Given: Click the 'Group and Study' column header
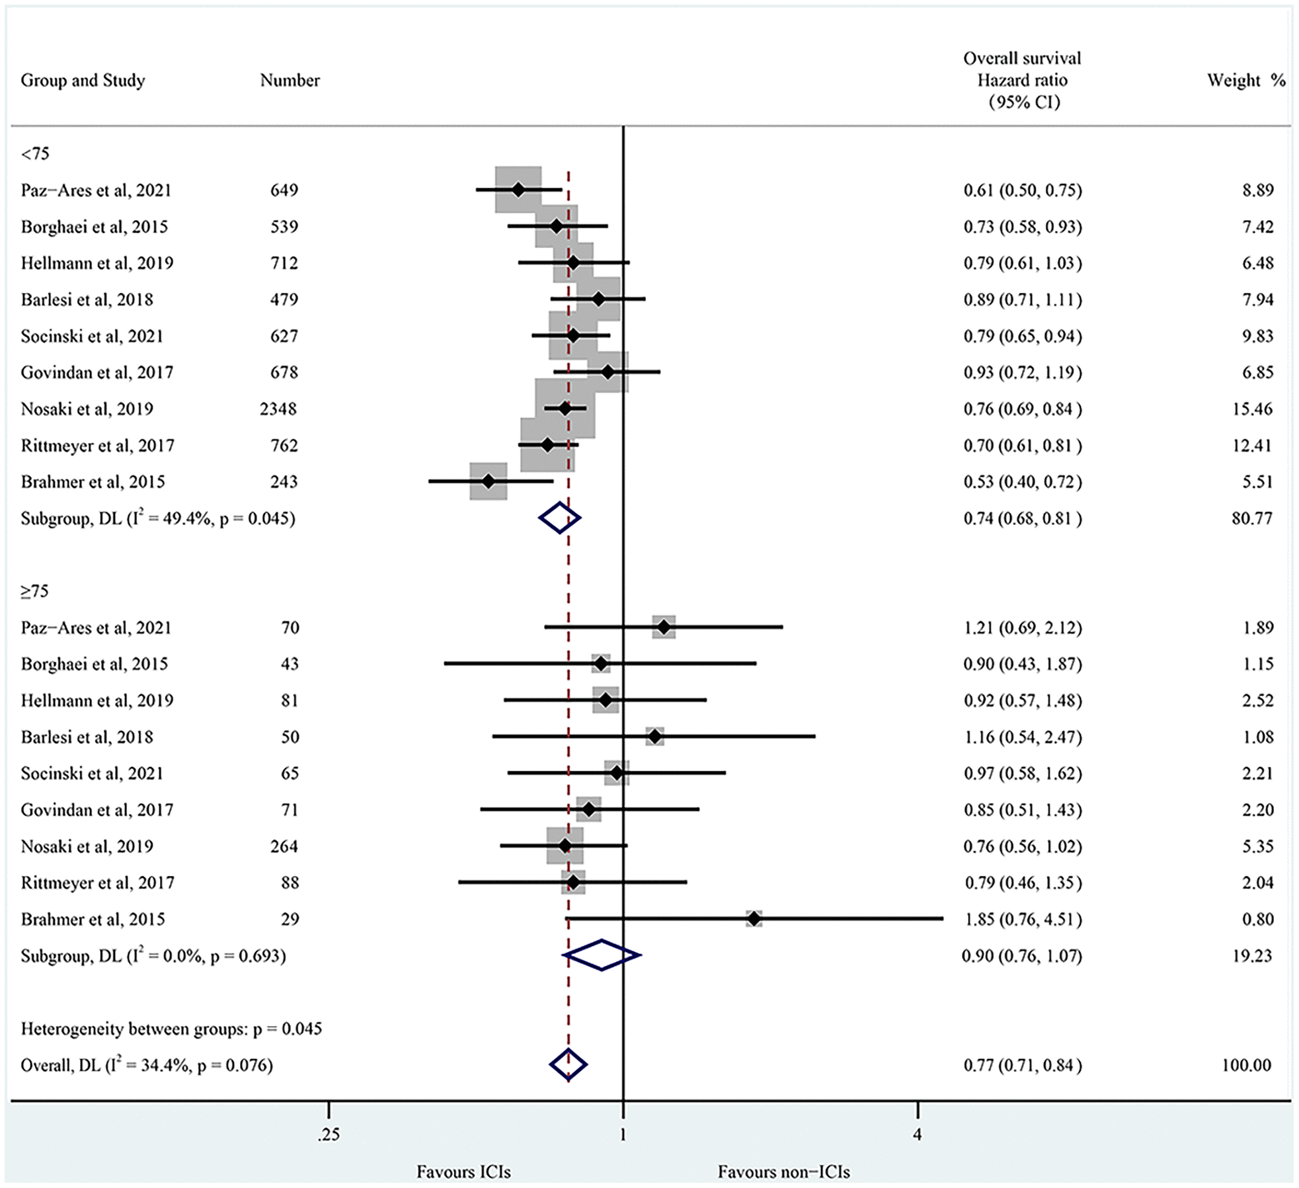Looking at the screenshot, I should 83,81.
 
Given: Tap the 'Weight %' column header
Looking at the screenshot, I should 1245,81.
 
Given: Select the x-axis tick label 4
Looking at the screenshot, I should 917,1134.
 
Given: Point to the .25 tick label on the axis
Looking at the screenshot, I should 328,1134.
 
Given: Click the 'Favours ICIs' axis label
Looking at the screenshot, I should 463,1172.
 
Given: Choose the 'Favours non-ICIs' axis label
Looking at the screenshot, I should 783,1172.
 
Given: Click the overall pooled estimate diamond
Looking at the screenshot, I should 568,1065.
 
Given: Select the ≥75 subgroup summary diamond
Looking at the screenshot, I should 601,955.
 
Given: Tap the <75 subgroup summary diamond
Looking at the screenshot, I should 559,518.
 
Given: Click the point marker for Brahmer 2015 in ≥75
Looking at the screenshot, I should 754,919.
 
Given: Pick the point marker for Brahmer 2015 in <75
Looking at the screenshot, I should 488,481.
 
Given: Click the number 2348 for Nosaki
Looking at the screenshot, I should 278,409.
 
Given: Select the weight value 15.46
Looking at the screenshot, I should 1252,409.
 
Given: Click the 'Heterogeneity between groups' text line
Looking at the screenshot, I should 171,1029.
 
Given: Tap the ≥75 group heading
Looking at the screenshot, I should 35,591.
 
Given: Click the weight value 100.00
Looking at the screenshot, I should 1246,1065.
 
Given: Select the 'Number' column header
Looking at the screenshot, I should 290,81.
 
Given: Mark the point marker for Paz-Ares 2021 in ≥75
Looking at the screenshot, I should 664,627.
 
